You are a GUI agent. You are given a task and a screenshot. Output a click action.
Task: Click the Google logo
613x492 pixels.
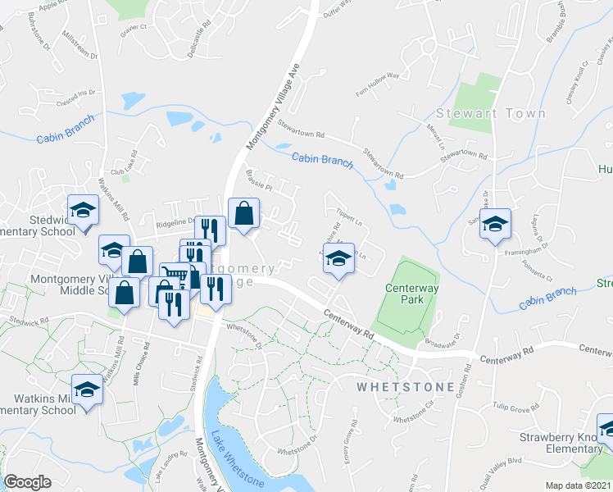[x=28, y=482]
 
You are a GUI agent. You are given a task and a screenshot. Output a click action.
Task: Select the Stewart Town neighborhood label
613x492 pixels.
[x=479, y=113]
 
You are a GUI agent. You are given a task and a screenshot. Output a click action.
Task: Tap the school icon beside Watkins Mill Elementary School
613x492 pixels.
[x=86, y=391]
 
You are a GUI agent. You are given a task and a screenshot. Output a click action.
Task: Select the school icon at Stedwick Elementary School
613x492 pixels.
[x=83, y=212]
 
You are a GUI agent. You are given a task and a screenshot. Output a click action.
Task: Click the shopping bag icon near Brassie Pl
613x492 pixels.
[x=243, y=215]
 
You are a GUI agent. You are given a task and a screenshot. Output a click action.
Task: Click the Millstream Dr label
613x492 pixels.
[x=79, y=48]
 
